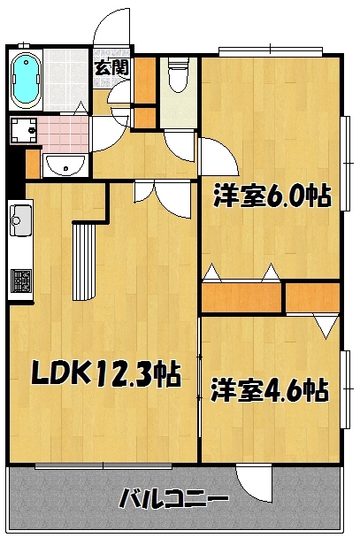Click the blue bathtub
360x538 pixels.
tap(26, 80)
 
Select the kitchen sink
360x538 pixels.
tap(21, 219)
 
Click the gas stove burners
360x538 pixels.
tap(21, 281)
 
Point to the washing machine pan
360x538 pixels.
tap(24, 130)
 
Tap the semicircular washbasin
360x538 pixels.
tap(65, 165)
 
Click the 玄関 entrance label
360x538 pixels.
tap(111, 67)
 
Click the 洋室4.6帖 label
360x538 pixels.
tap(270, 389)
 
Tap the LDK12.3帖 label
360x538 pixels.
tap(106, 373)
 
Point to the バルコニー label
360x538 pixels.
tap(173, 498)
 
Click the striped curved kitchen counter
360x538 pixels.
tap(83, 261)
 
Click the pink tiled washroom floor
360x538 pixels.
tap(64, 134)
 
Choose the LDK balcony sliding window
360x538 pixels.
tap(103, 466)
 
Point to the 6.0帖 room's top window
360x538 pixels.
tap(271, 50)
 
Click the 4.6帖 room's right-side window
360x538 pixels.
tap(346, 389)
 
